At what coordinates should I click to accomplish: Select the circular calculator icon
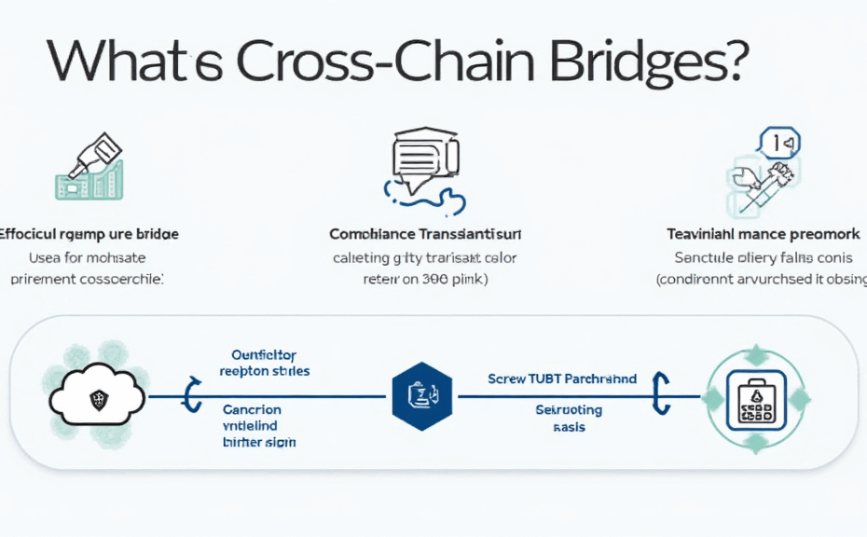click(752, 398)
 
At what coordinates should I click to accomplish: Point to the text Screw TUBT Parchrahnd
click(562, 379)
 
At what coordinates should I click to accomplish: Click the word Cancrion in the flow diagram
click(252, 409)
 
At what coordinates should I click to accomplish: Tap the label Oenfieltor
click(264, 355)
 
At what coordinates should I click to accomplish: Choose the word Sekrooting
click(569, 410)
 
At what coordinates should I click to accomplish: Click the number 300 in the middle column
click(432, 278)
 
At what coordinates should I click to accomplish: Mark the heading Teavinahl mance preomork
click(763, 233)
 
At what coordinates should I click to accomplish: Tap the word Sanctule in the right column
click(706, 256)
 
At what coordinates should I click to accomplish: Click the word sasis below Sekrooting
click(570, 426)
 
